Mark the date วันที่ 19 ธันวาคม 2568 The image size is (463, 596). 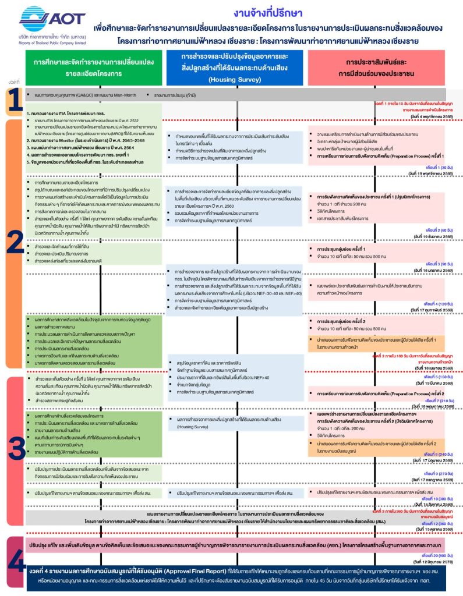coord(419,237)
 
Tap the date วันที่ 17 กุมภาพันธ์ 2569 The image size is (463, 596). coord(419,310)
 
